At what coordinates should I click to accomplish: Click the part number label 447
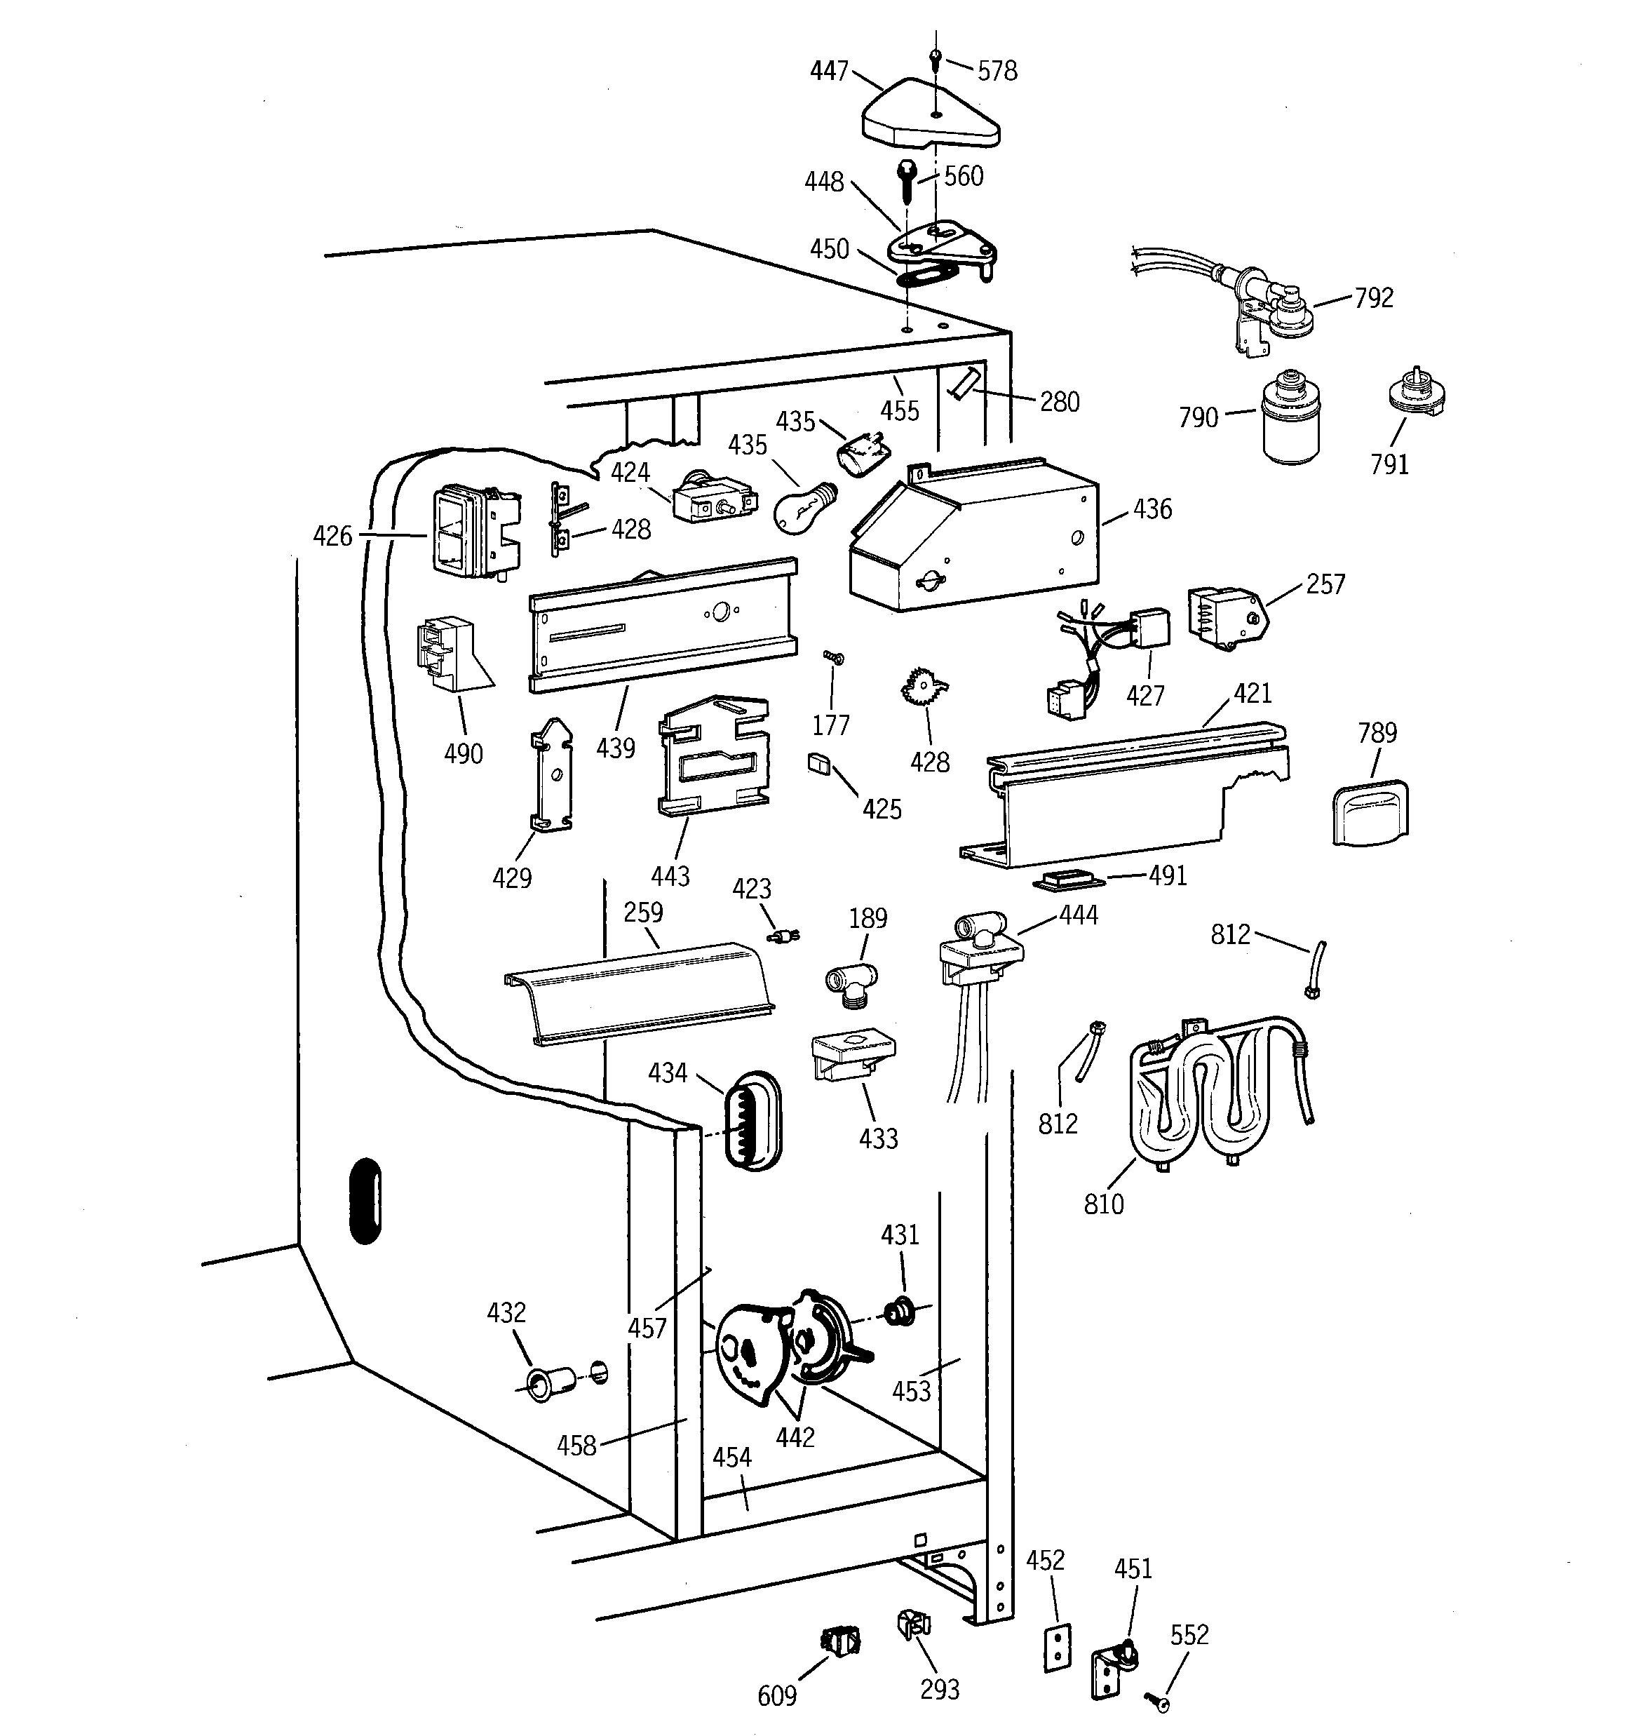point(829,71)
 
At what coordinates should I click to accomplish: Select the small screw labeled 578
point(936,60)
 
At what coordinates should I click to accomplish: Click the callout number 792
point(1374,298)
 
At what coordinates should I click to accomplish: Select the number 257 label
point(1325,584)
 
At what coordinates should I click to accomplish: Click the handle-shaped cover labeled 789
point(1370,813)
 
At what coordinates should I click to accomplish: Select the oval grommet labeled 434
point(752,1122)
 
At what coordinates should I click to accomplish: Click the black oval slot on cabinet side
point(365,1201)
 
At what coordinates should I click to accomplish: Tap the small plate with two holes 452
point(1057,1648)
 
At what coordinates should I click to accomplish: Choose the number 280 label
point(1060,402)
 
